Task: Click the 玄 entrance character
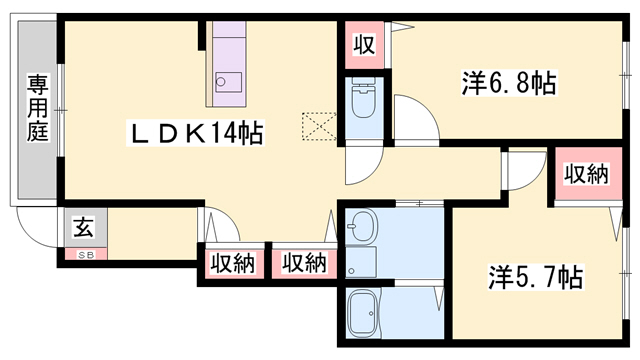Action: (x=82, y=227)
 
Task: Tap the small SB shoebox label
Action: (x=83, y=254)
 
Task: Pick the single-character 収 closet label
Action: (x=363, y=44)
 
